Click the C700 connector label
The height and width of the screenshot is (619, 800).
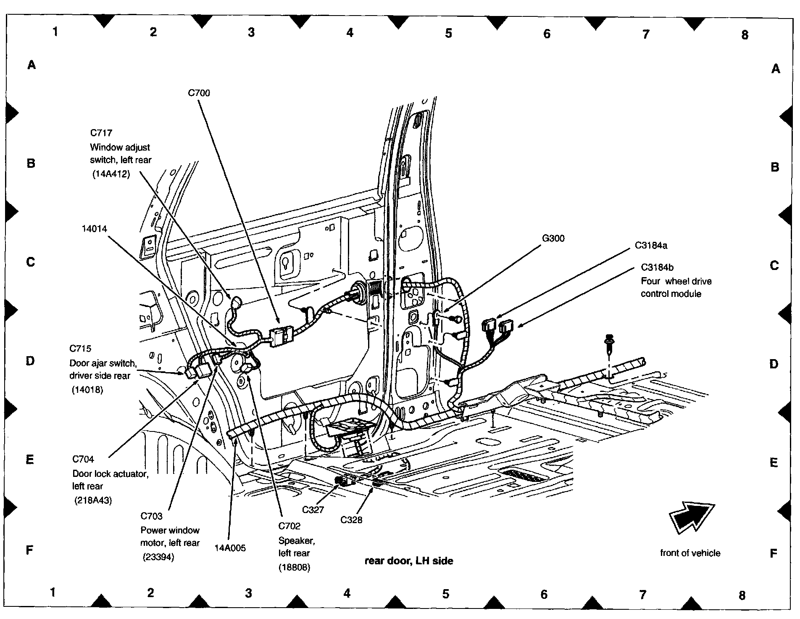pyautogui.click(x=199, y=93)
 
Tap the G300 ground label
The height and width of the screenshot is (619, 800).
pyautogui.click(x=553, y=238)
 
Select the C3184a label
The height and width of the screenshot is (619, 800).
pyautogui.click(x=651, y=245)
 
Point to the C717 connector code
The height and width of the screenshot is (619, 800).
pyautogui.click(x=101, y=133)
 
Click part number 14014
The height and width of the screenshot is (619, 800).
pyautogui.click(x=94, y=229)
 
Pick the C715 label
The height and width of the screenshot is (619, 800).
pyautogui.click(x=80, y=349)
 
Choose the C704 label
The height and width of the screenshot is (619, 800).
pyautogui.click(x=83, y=459)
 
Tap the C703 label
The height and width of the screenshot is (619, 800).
pyautogui.click(x=151, y=516)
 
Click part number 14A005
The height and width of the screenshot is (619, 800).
pyautogui.click(x=230, y=548)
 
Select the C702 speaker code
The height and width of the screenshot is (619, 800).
pyautogui.click(x=289, y=526)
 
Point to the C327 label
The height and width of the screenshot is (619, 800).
pyautogui.click(x=313, y=510)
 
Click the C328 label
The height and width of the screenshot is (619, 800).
pyautogui.click(x=351, y=520)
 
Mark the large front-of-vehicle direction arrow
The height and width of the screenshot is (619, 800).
pyautogui.click(x=691, y=518)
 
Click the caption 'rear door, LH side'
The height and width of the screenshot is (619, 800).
pyautogui.click(x=409, y=561)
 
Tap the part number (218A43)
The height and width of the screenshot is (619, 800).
pyautogui.click(x=93, y=501)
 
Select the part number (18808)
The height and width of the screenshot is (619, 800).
pyautogui.click(x=294, y=567)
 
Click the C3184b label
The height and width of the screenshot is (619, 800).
pyautogui.click(x=658, y=267)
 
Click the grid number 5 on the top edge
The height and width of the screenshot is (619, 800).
pyautogui.click(x=448, y=33)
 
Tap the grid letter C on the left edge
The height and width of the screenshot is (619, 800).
pyautogui.click(x=31, y=262)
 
